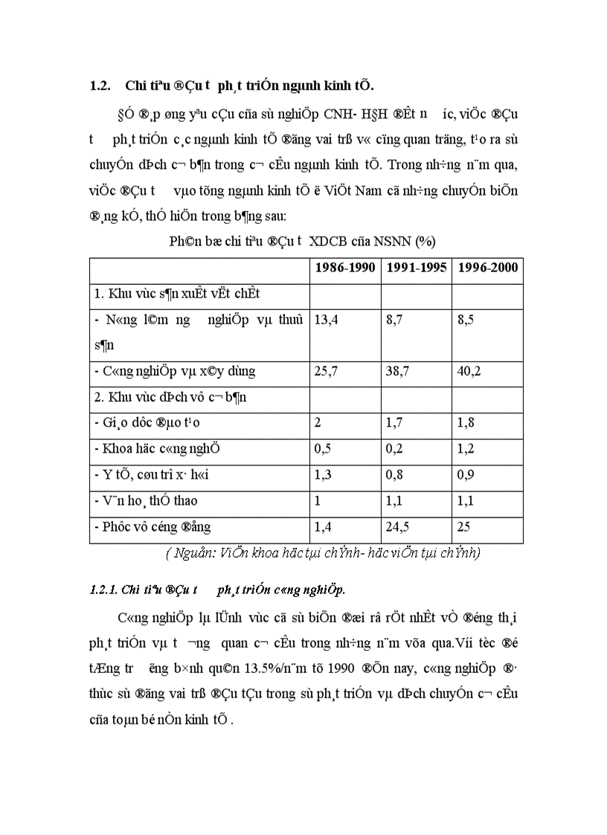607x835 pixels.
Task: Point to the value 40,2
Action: click(x=469, y=372)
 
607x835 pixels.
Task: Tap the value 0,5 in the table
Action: click(x=323, y=449)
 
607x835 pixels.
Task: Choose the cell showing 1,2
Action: click(x=466, y=449)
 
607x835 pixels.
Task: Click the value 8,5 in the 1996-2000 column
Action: click(x=466, y=320)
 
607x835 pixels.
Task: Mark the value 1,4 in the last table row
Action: click(x=323, y=527)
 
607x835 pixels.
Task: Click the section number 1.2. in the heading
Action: click(x=100, y=86)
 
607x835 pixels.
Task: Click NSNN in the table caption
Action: click(x=398, y=242)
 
